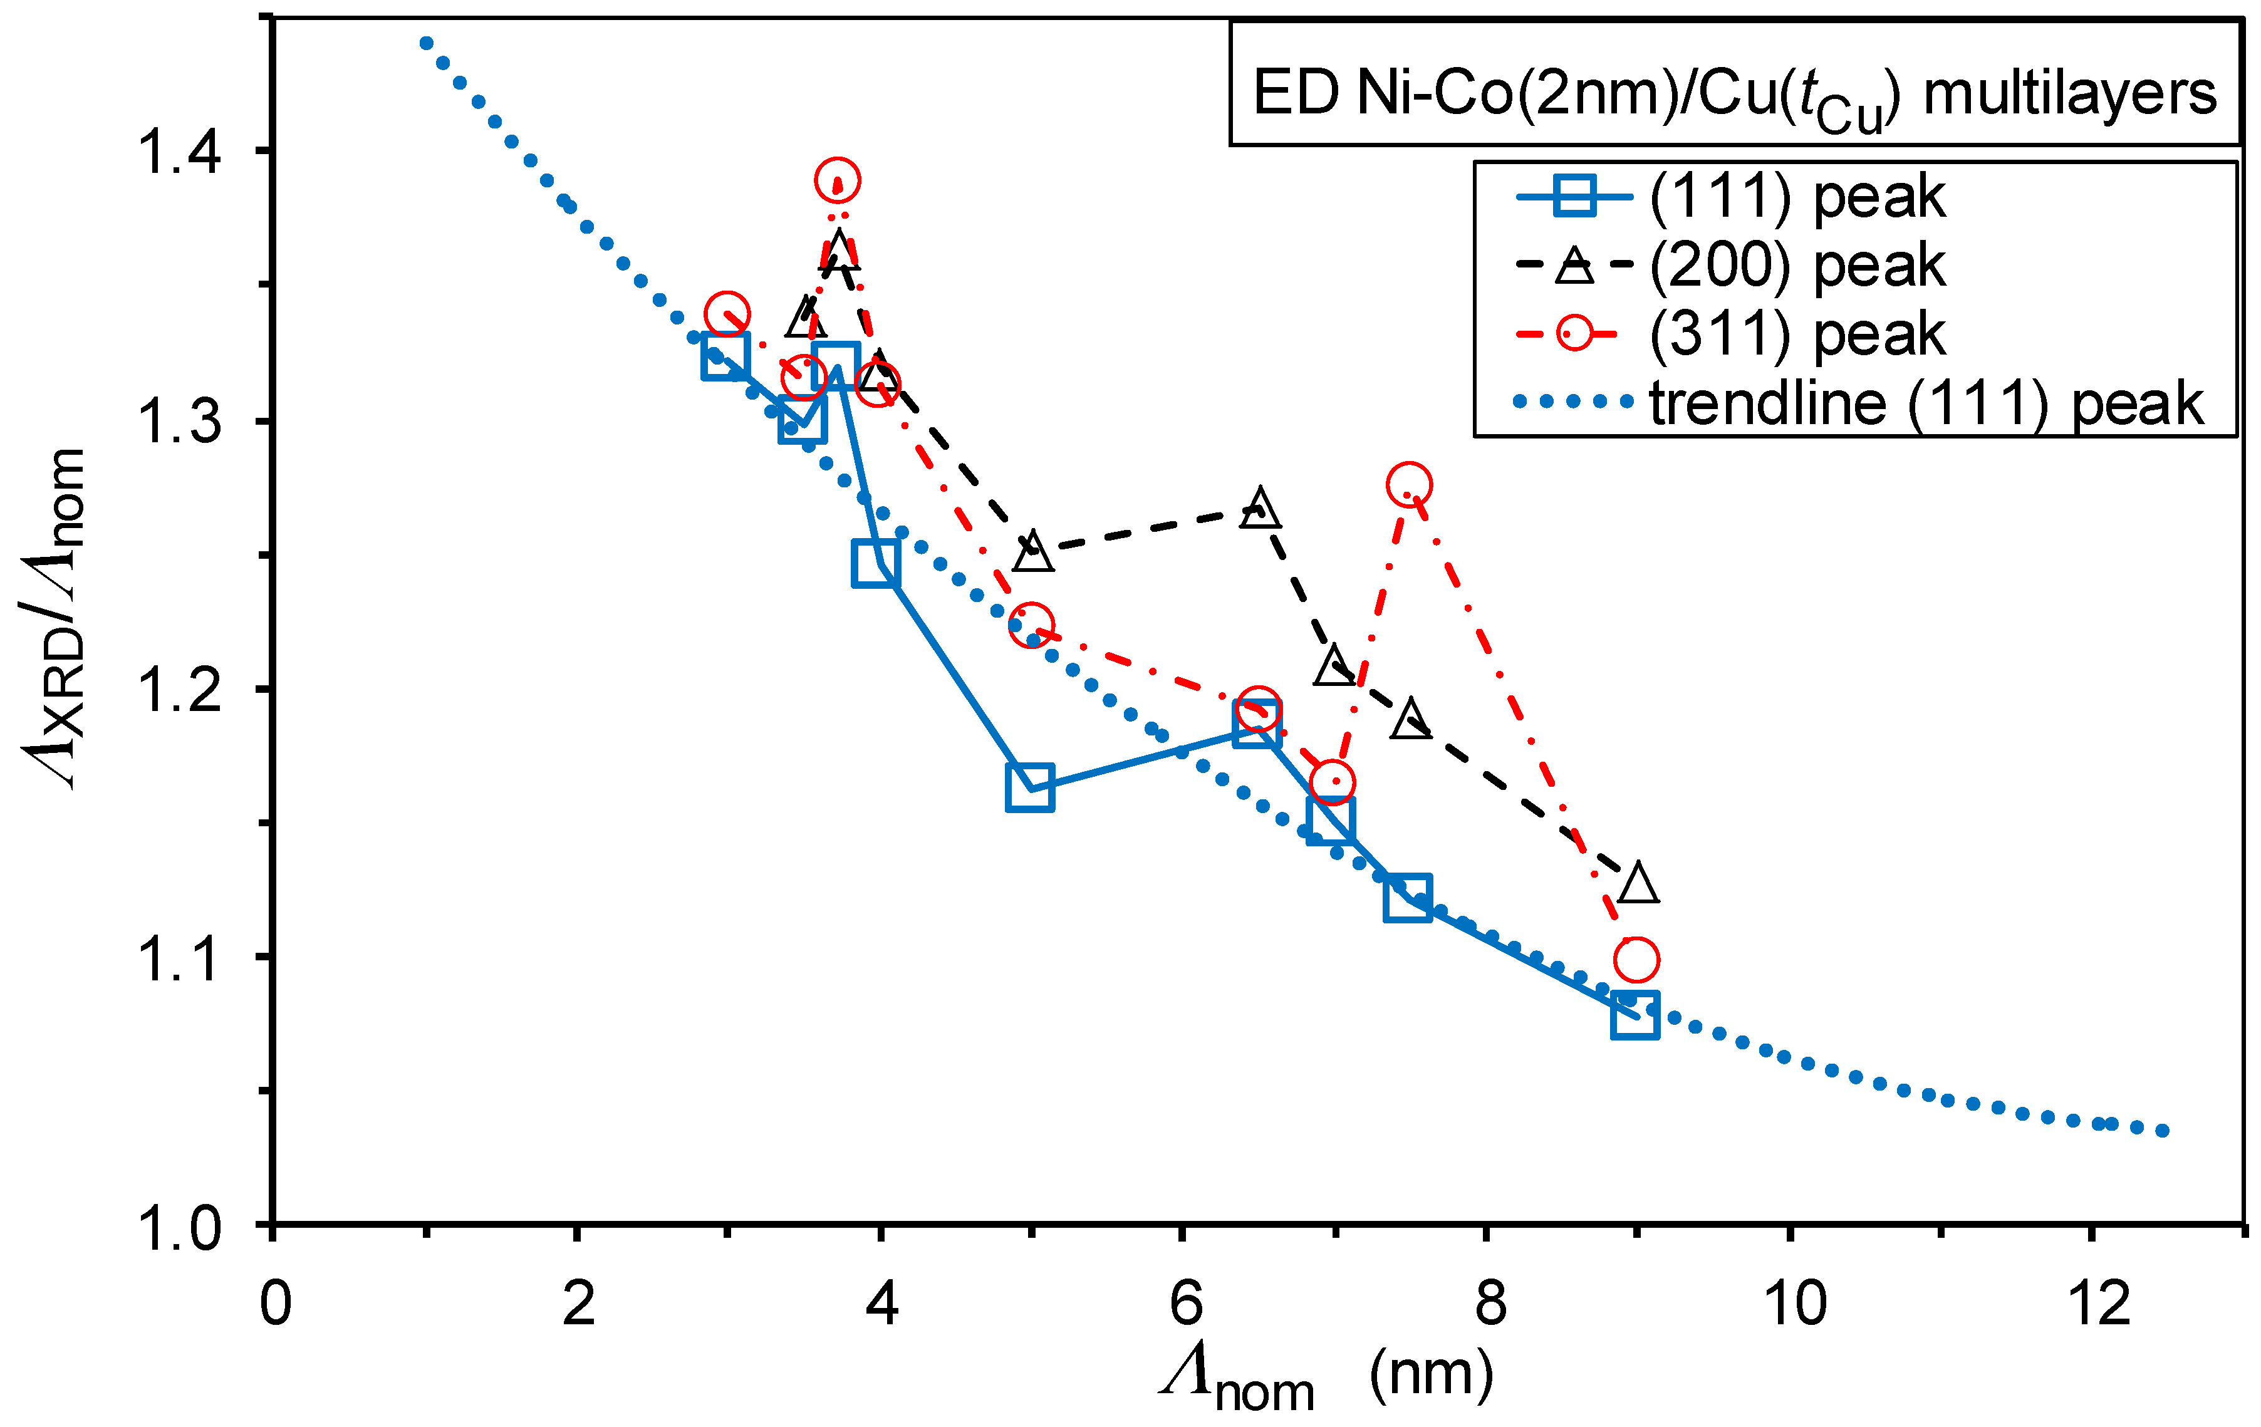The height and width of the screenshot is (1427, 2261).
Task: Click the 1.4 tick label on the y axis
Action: [179, 152]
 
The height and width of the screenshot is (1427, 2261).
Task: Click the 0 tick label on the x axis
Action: [275, 1303]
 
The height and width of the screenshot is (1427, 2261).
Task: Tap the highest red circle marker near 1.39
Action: [838, 179]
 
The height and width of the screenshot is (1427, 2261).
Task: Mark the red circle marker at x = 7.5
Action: [1408, 484]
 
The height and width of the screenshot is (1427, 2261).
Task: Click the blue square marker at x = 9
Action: [1635, 1015]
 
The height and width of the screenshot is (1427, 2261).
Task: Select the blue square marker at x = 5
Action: [1030, 787]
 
